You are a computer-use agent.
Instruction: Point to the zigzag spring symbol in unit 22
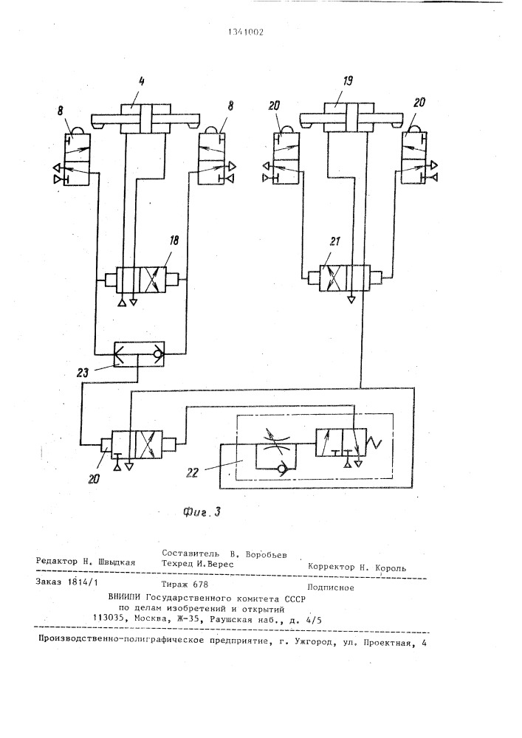(377, 444)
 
